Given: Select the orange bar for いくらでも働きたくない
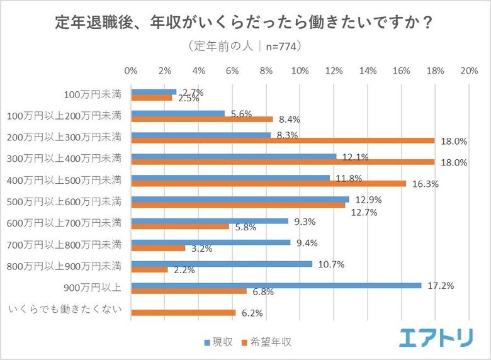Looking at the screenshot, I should pos(183,313).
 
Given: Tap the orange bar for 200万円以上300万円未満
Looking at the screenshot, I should pos(283,140).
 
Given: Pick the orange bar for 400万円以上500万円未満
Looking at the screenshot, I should pos(268,184).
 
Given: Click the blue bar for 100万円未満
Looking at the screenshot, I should pos(154,92).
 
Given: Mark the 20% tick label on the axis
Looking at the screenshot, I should pos(469,70).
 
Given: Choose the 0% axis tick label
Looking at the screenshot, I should pos(131,70).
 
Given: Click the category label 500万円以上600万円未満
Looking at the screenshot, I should pos(64,202).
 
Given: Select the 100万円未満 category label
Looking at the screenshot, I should pos(93,95).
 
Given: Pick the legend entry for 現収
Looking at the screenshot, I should pos(218,342).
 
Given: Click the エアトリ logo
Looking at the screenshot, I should pos(435,338).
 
